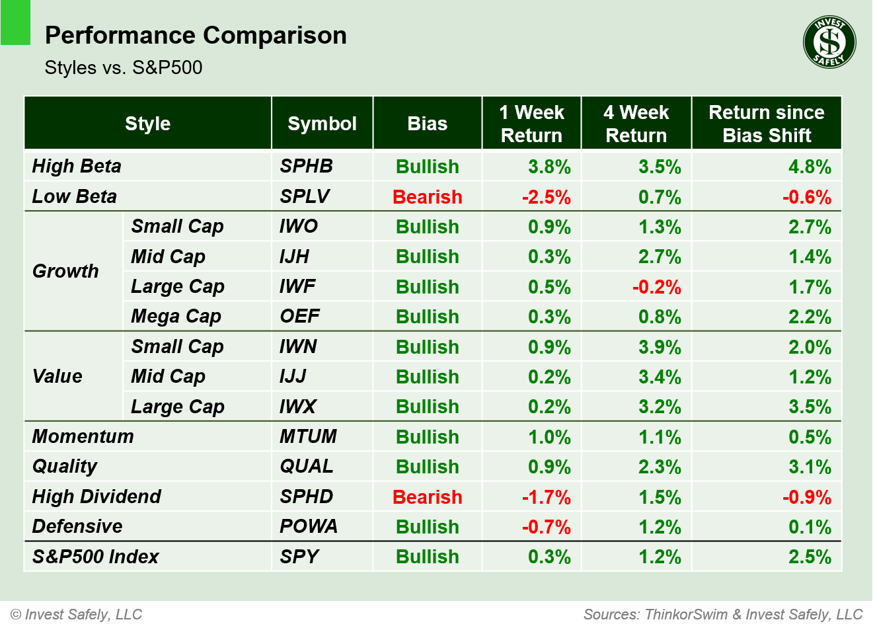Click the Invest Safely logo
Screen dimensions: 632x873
point(829,42)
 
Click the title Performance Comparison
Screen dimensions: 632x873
point(196,35)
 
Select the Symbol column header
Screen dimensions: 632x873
point(322,124)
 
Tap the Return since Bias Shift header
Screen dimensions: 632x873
point(766,124)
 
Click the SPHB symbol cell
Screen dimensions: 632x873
point(306,166)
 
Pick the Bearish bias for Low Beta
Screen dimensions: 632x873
point(427,197)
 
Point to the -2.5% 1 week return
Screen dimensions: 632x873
point(546,197)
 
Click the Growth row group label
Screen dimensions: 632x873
point(65,271)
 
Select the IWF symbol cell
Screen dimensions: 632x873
point(297,286)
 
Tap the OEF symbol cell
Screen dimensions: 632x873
point(299,316)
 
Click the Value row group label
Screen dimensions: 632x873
point(57,376)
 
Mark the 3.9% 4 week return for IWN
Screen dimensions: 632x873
point(659,347)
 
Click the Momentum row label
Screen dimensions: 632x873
point(83,436)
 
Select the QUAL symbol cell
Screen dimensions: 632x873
point(307,466)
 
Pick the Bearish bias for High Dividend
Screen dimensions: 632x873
point(427,497)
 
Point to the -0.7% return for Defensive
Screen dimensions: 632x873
point(546,527)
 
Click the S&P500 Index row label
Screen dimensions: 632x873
point(96,557)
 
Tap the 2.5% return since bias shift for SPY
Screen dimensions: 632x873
point(810,557)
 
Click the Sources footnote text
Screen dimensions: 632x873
point(722,614)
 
